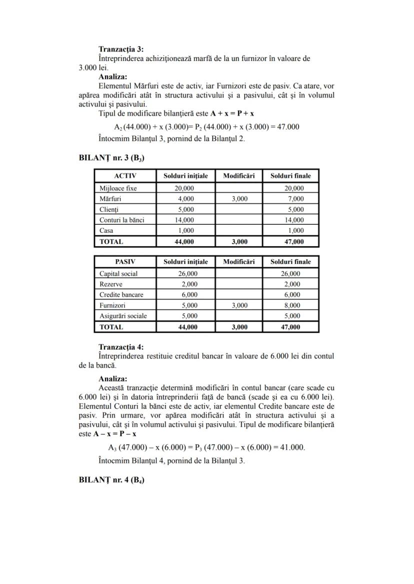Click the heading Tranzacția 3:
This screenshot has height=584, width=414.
pos(121,49)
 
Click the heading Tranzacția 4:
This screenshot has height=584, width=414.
pos(121,347)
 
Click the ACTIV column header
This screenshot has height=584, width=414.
pos(125,176)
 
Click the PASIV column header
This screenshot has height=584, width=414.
pos(125,262)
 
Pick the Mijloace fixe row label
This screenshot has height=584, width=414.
pos(118,188)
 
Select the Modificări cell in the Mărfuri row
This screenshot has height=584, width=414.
pos(239,199)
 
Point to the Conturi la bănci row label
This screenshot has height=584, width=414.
pos(121,220)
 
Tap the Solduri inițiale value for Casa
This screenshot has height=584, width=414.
pos(186,231)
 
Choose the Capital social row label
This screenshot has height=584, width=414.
pos(118,274)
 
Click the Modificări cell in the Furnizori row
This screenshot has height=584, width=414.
pos(239,305)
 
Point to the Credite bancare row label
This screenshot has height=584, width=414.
pos(121,295)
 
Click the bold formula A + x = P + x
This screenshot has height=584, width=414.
pos(232,113)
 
